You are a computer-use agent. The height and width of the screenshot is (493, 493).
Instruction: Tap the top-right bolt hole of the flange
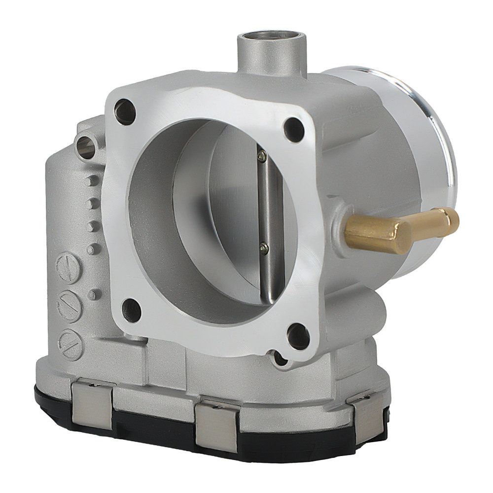point(294,130)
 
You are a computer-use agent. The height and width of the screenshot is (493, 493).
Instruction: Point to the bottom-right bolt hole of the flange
point(298,336)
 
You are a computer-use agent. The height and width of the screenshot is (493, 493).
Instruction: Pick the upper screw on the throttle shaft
point(263,157)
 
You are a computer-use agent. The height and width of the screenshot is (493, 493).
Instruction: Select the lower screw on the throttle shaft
point(265,248)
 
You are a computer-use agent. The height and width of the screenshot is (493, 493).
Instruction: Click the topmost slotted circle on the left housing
point(68,269)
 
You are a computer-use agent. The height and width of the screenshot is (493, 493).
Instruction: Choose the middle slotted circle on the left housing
point(69,306)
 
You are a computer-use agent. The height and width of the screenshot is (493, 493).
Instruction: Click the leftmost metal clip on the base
point(92,404)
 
